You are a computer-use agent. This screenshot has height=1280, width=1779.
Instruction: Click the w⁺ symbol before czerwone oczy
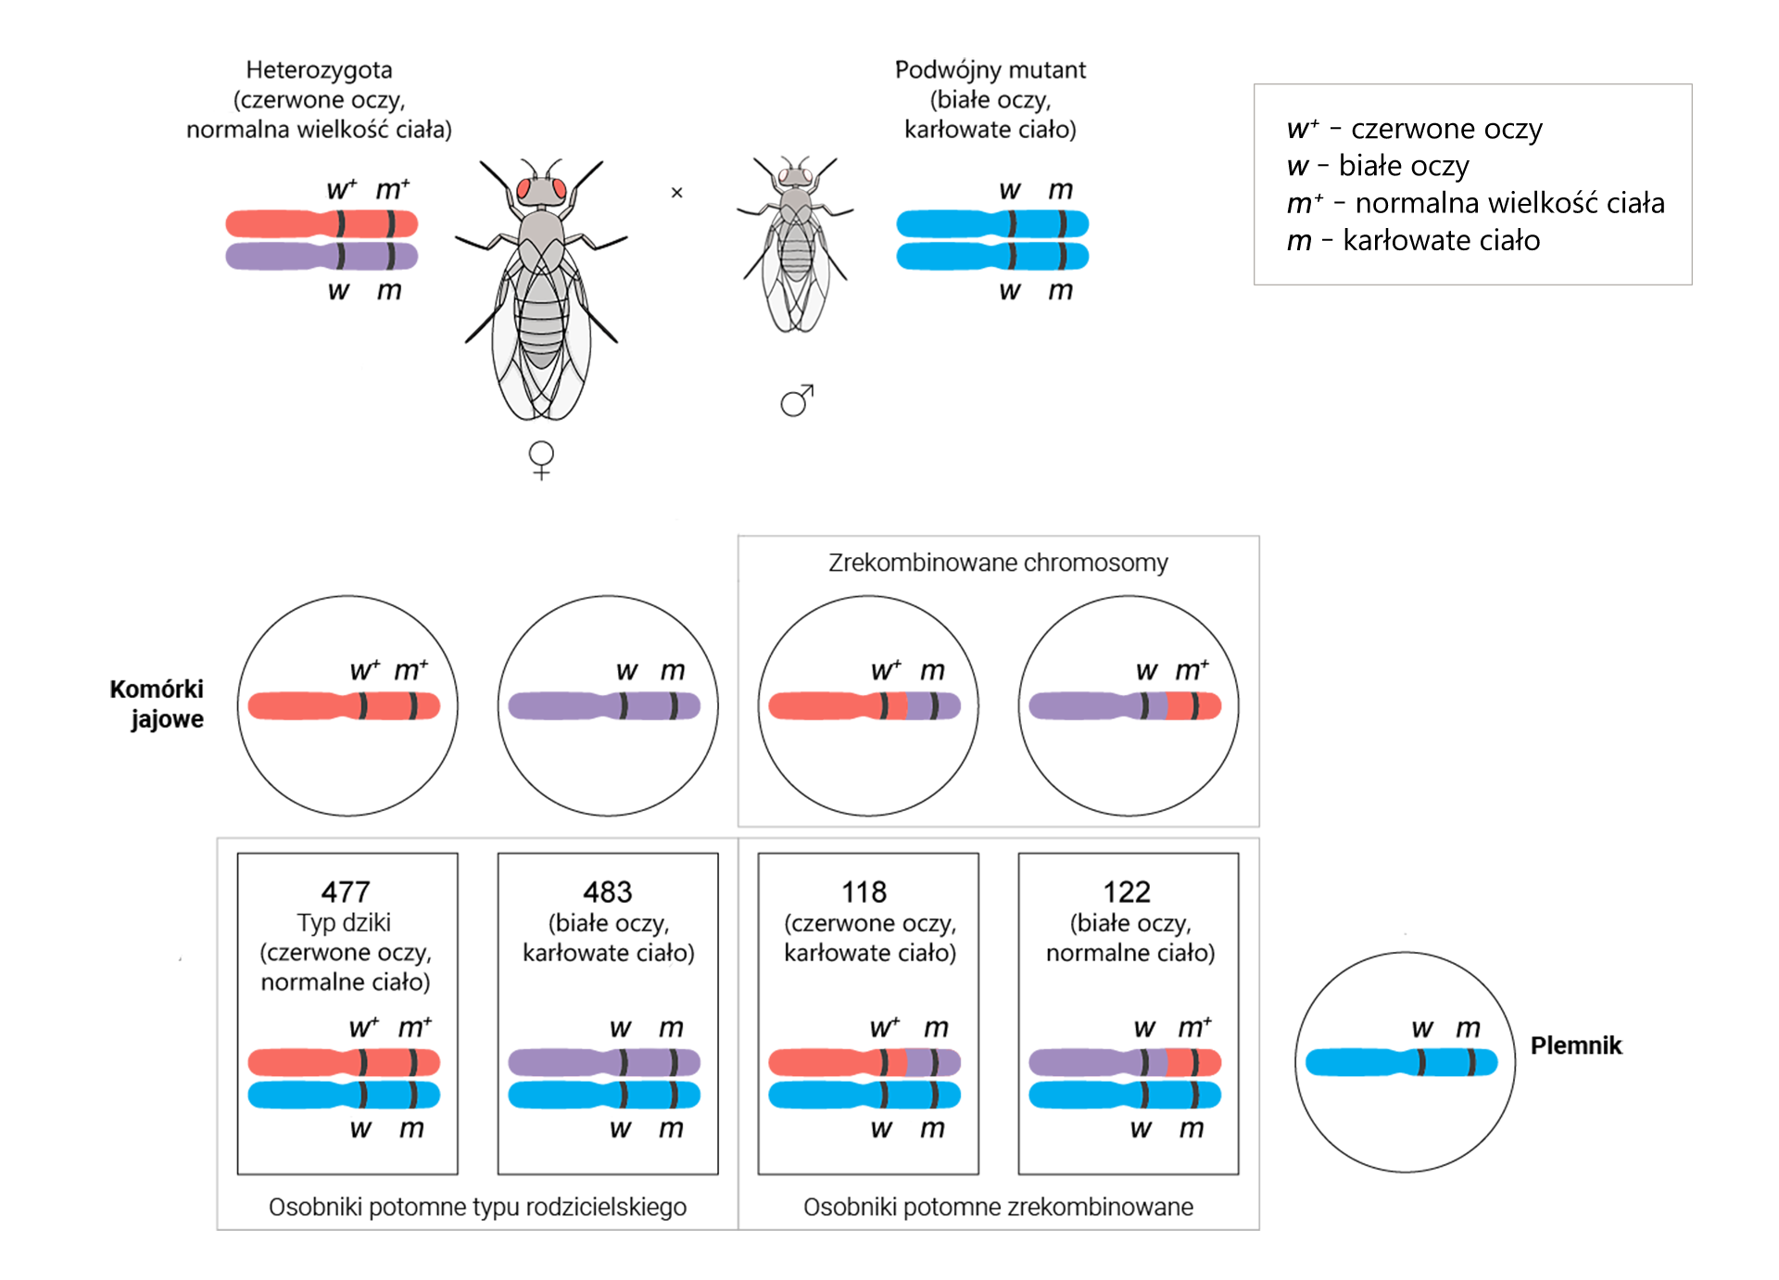coord(1301,130)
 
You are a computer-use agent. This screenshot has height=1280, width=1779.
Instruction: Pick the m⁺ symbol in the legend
coord(1304,204)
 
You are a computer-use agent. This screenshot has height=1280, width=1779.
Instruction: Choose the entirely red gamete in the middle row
coord(345,706)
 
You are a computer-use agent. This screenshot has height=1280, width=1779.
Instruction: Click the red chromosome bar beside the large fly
coord(278,219)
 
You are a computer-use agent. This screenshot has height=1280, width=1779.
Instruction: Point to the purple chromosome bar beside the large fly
coord(278,260)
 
